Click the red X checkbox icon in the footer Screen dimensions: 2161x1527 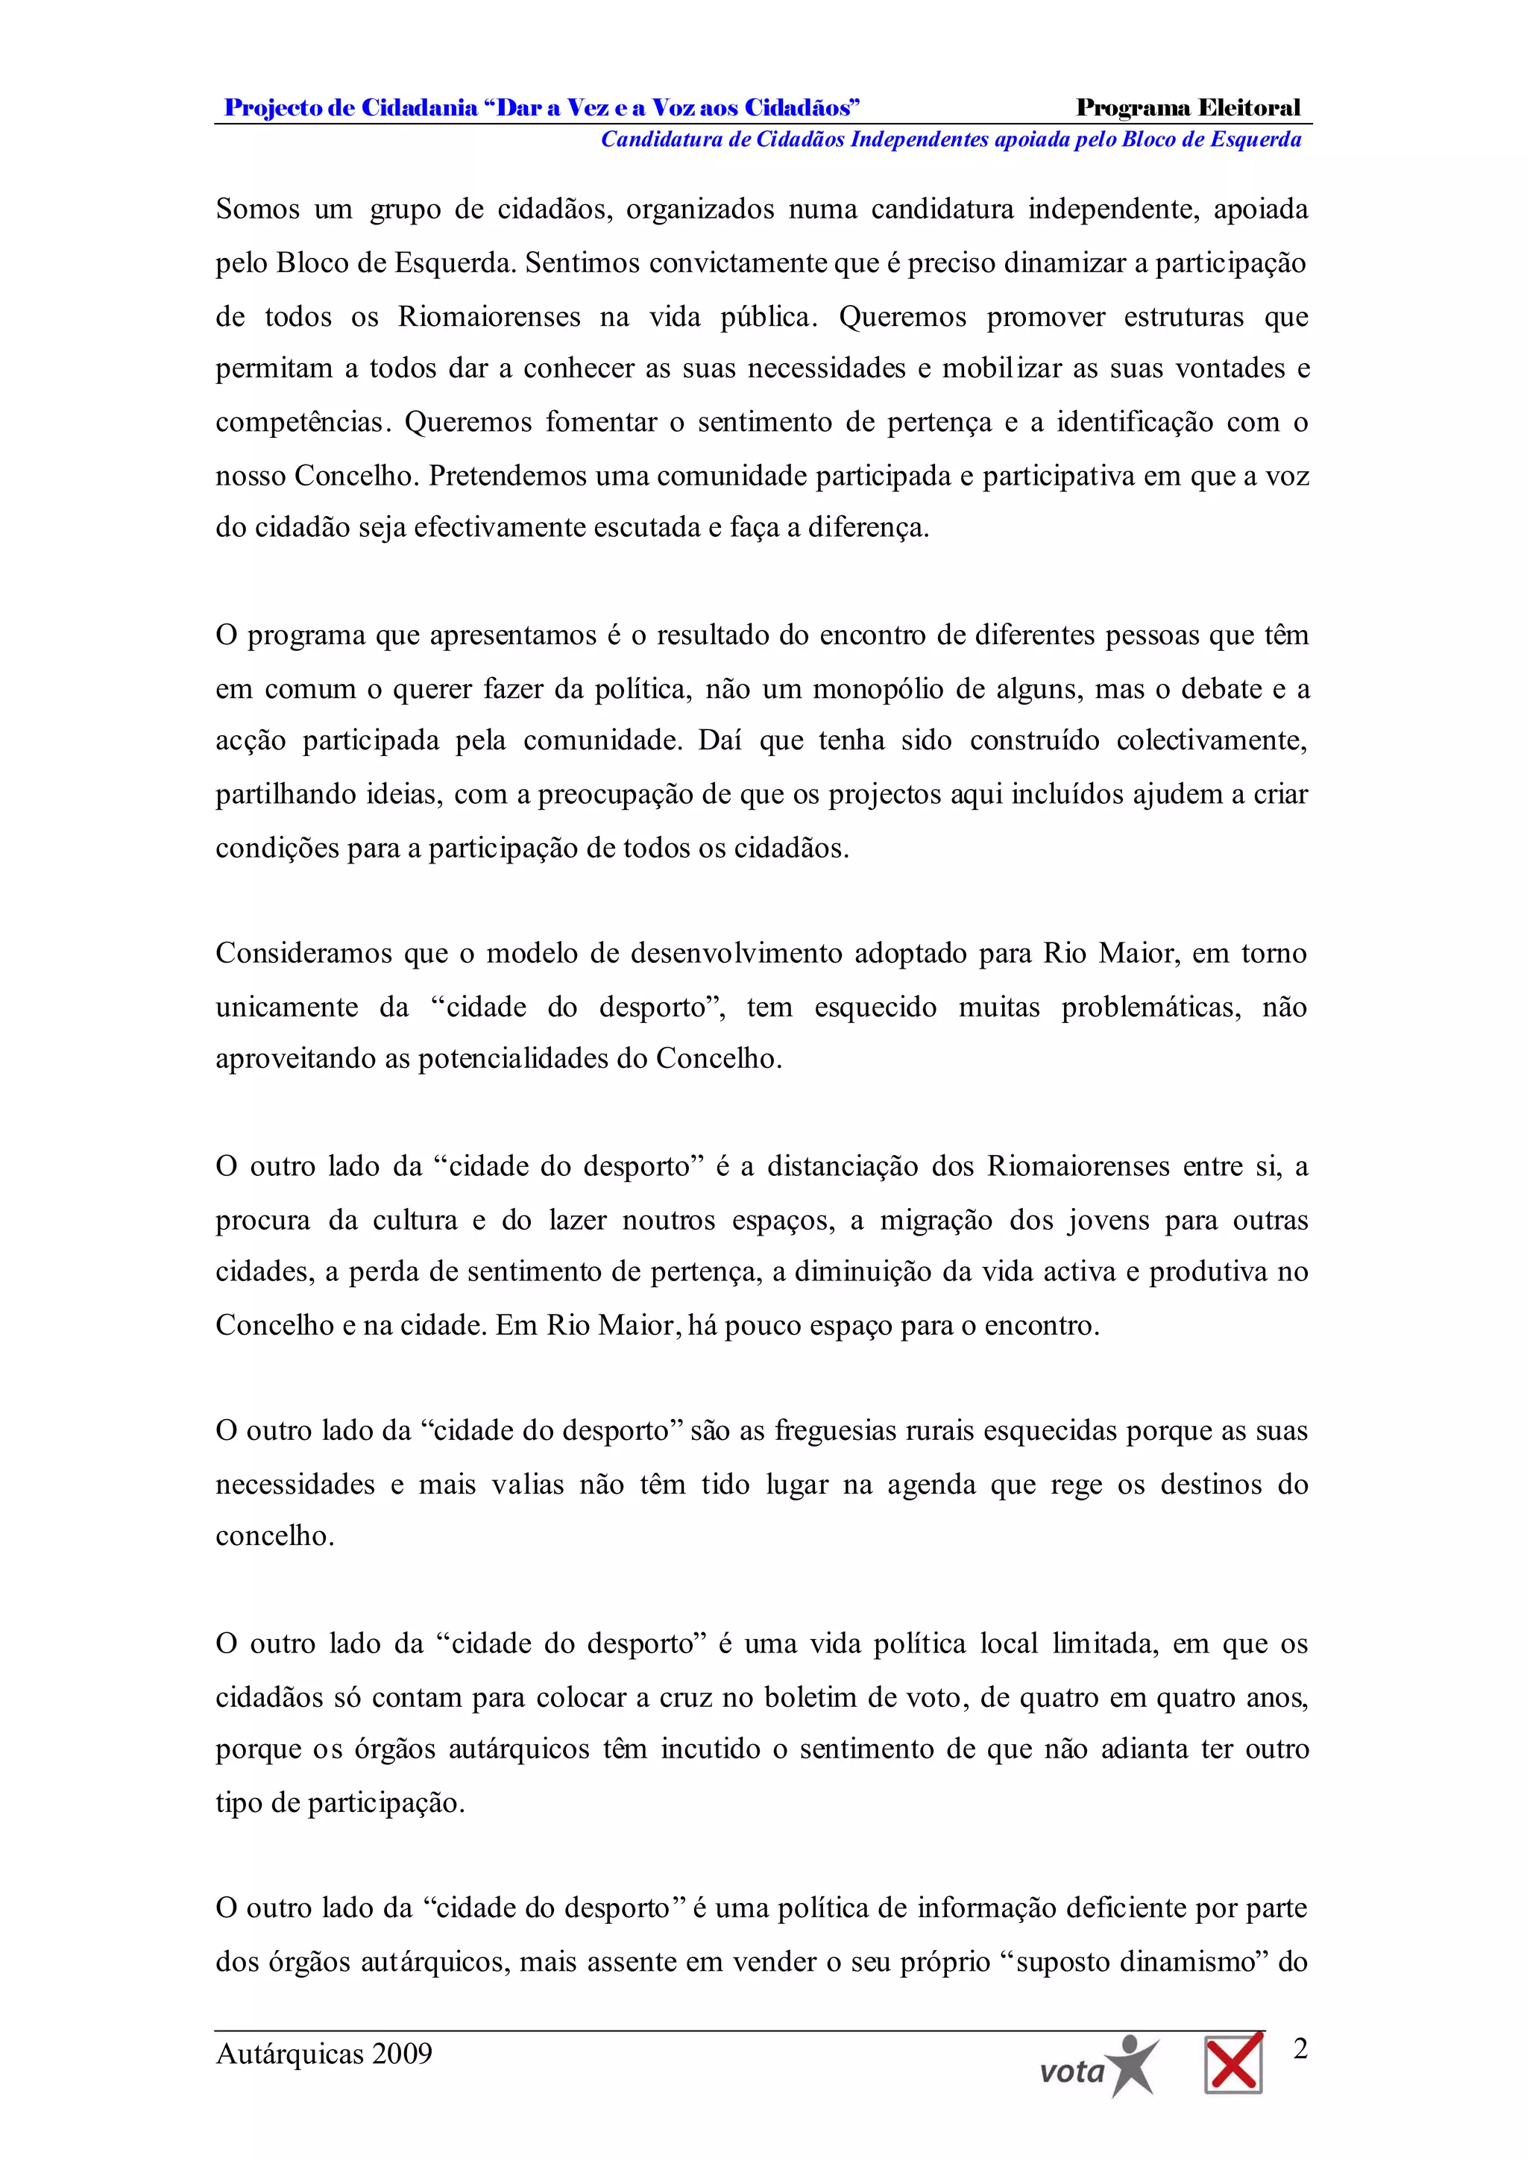(1233, 2063)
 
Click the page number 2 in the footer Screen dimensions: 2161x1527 (1301, 2048)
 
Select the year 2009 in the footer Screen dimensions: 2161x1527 (402, 2053)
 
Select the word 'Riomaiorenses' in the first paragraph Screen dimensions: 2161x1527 (488, 316)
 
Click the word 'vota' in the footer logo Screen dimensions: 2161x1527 (1071, 2072)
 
